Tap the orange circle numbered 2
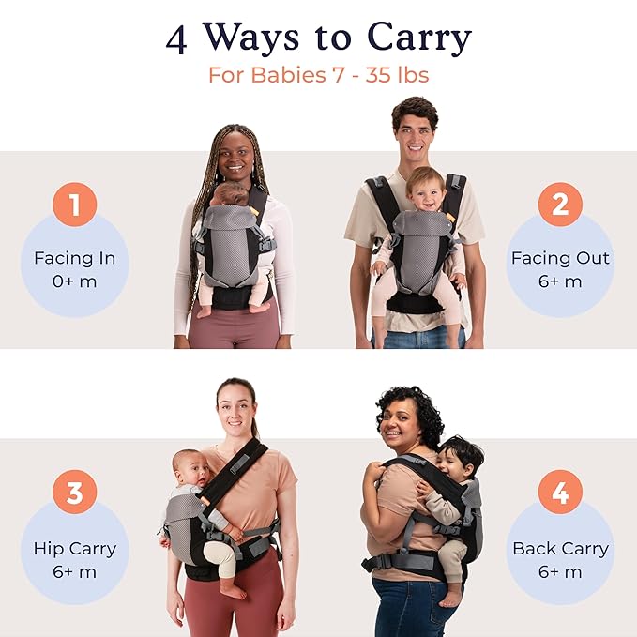[560, 205]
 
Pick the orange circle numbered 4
[560, 493]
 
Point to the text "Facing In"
[74, 258]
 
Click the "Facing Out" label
[560, 258]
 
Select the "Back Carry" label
[560, 549]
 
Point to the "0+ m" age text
[74, 281]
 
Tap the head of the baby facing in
[231, 194]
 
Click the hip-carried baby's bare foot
[235, 591]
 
